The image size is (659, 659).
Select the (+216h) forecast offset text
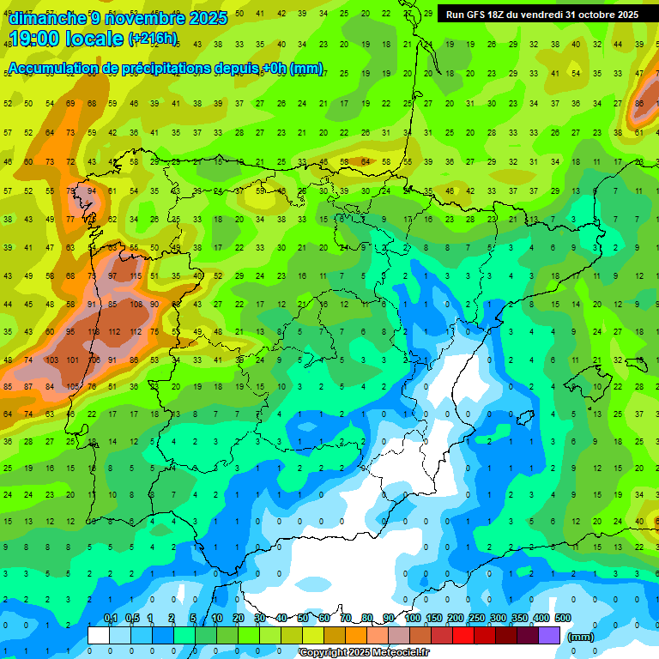click(153, 39)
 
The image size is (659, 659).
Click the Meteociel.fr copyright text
click(364, 653)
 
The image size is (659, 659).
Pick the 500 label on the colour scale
click(563, 619)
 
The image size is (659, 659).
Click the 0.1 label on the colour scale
click(110, 619)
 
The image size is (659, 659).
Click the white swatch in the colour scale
click(99, 635)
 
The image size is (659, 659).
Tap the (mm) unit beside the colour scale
click(581, 637)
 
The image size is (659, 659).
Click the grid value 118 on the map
click(92, 332)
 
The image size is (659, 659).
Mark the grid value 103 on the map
click(50, 360)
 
